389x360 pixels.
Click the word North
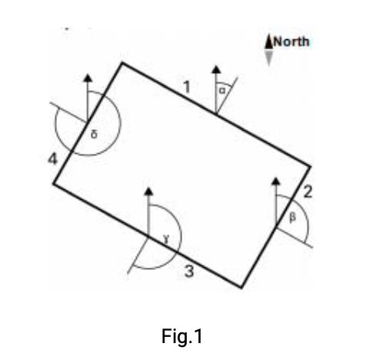[x=291, y=42]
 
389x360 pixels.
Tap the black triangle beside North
[x=268, y=42]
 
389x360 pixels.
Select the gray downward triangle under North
[x=268, y=58]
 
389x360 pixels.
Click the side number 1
[x=188, y=87]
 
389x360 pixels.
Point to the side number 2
[x=308, y=192]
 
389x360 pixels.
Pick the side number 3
[x=189, y=272]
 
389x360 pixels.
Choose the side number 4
[x=53, y=159]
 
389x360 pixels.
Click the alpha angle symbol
[x=222, y=91]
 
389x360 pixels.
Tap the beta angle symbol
[x=292, y=218]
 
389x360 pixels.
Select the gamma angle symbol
[x=166, y=239]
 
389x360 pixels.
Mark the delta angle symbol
[x=94, y=134]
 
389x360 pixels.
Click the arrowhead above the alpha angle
[x=216, y=69]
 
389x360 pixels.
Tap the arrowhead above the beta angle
[x=276, y=181]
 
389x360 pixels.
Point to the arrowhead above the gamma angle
[x=148, y=192]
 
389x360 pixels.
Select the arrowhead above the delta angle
[x=88, y=78]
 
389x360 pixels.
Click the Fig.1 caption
[x=182, y=336]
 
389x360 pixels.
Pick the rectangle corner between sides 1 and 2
[x=311, y=166]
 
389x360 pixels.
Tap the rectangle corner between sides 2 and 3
[x=241, y=288]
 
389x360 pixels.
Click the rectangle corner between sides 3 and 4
[x=53, y=184]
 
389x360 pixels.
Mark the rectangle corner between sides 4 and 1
[x=122, y=62]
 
